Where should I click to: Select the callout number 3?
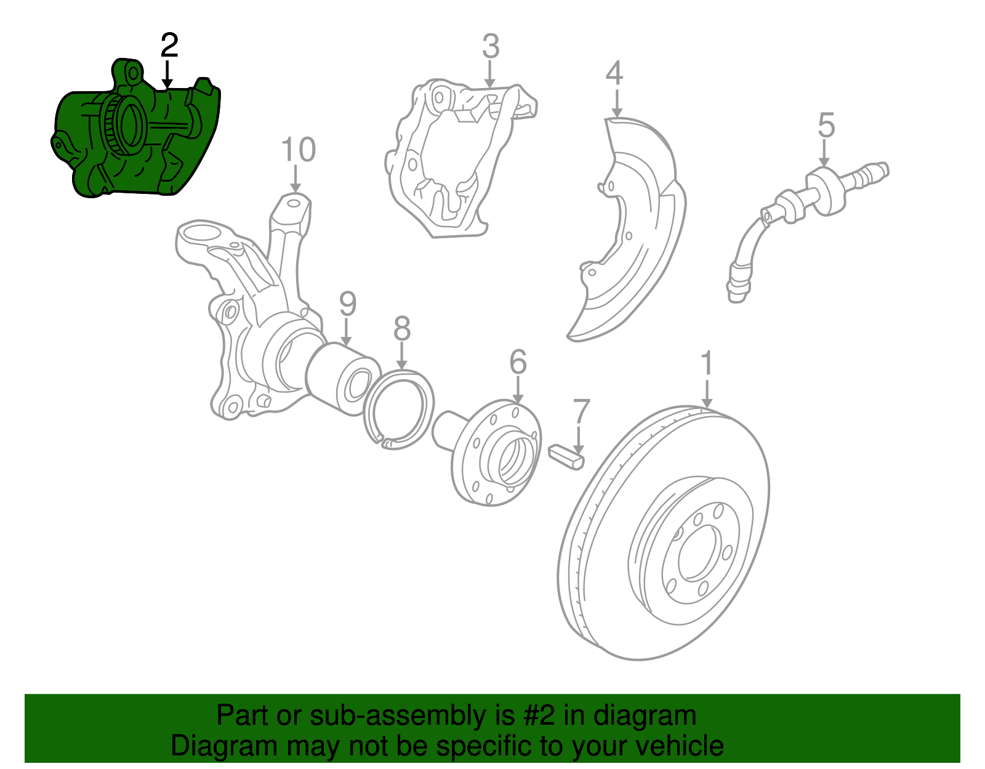pyautogui.click(x=490, y=47)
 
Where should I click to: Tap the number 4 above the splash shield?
pyautogui.click(x=614, y=73)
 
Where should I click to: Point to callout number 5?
pyautogui.click(x=826, y=126)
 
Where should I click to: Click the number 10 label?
pyautogui.click(x=298, y=150)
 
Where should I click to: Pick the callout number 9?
pyautogui.click(x=348, y=304)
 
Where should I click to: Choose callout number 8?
pyautogui.click(x=401, y=329)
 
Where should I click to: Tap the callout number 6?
pyautogui.click(x=518, y=362)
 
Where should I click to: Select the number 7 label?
pyautogui.click(x=581, y=412)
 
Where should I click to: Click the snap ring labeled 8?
pyautogui.click(x=399, y=409)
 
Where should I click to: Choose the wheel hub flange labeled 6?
pyautogui.click(x=496, y=453)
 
